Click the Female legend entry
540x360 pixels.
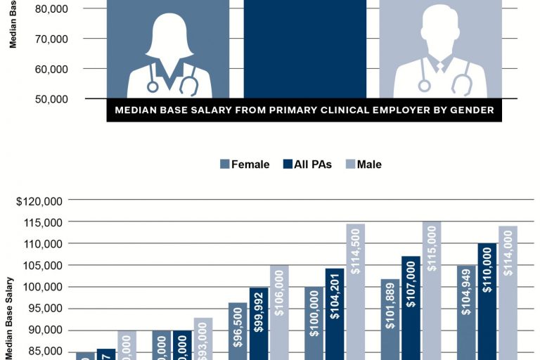pyautogui.click(x=245, y=164)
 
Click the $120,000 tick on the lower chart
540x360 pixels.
pyautogui.click(x=39, y=200)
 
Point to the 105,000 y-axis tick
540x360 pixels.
pyautogui.click(x=44, y=265)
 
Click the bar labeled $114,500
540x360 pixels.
pyautogui.click(x=355, y=292)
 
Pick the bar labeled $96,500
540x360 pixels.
pyautogui.click(x=238, y=330)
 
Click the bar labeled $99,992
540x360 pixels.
pyautogui.click(x=258, y=323)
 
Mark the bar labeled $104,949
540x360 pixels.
pyautogui.click(x=465, y=312)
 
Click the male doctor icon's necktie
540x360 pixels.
pyautogui.click(x=440, y=67)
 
